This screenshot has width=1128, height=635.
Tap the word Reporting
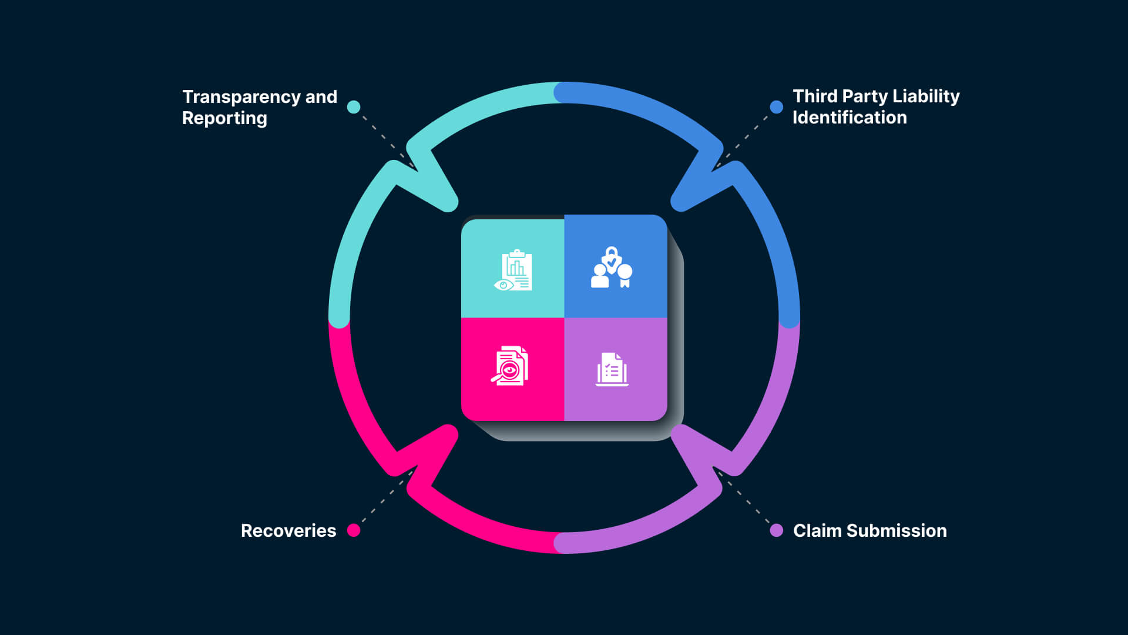point(224,118)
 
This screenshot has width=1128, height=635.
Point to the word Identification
point(850,118)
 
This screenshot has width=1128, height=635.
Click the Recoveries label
point(288,531)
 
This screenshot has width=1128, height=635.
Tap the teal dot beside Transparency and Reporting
point(354,107)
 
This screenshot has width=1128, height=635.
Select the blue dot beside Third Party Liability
point(777,107)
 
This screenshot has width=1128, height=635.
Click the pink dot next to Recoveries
point(354,530)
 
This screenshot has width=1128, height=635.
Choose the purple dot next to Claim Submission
point(777,530)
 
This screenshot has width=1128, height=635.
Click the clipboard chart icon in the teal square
point(513,270)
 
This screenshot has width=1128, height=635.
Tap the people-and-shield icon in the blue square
point(612,268)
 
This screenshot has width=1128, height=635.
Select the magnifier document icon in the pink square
point(510,366)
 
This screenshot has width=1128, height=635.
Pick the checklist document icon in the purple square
point(612,369)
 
